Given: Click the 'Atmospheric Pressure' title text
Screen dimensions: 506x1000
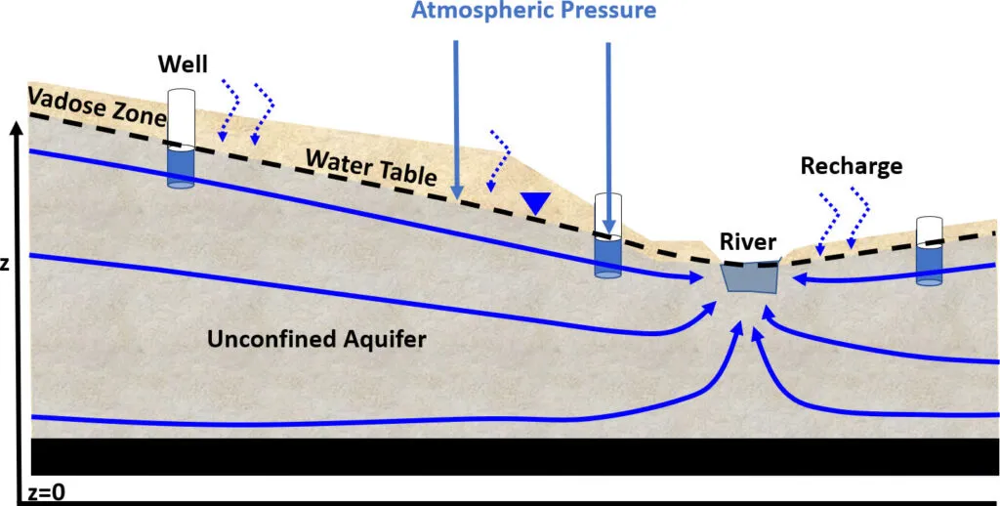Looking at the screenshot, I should click(x=533, y=12).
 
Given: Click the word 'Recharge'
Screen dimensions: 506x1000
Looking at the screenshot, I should click(x=852, y=166).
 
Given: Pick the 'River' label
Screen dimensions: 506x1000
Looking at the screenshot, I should click(x=749, y=241).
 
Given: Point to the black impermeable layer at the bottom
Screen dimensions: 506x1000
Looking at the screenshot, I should click(x=515, y=457).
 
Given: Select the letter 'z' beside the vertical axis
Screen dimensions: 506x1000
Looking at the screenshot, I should click(x=5, y=265).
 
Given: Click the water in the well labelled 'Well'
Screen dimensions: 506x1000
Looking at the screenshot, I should click(x=181, y=167).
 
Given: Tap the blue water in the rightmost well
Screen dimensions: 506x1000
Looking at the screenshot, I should click(x=930, y=265).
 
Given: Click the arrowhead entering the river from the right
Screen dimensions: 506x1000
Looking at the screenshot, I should click(x=799, y=279).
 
